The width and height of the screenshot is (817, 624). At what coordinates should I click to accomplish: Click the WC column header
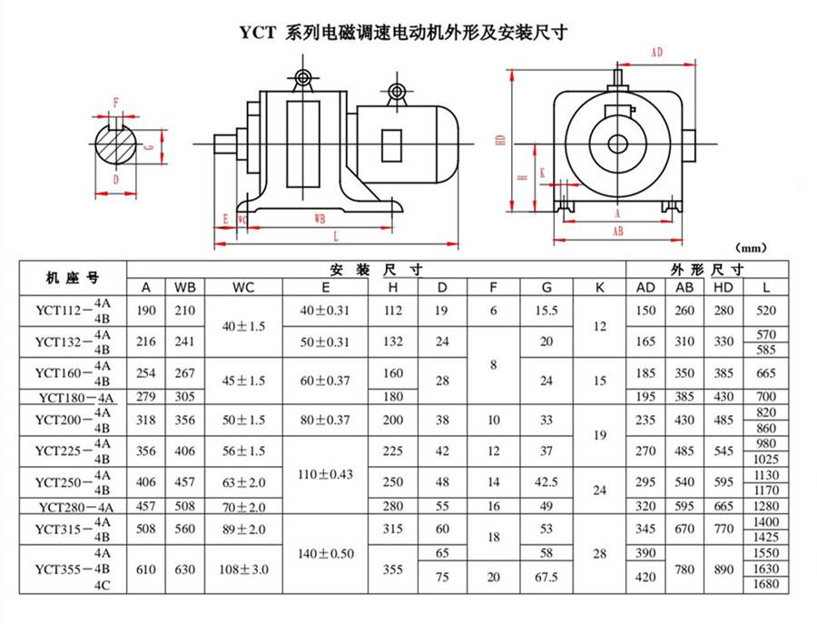(x=243, y=288)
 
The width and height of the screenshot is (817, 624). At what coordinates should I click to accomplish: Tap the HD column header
(x=723, y=288)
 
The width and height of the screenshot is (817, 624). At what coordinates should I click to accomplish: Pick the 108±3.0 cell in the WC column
(x=243, y=570)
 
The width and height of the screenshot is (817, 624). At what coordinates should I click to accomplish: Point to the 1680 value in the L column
(x=767, y=583)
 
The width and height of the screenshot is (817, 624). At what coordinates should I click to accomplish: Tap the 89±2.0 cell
(x=243, y=530)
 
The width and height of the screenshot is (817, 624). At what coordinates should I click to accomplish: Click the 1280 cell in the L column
(x=767, y=506)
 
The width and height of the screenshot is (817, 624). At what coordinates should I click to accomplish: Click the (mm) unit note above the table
(x=753, y=247)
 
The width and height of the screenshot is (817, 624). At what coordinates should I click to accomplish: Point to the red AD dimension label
(x=656, y=53)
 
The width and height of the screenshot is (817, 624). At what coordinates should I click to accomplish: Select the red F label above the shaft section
(x=115, y=102)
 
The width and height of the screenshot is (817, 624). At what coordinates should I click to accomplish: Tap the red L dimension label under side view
(x=336, y=236)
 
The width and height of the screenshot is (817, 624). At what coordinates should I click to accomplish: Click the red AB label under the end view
(x=617, y=232)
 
